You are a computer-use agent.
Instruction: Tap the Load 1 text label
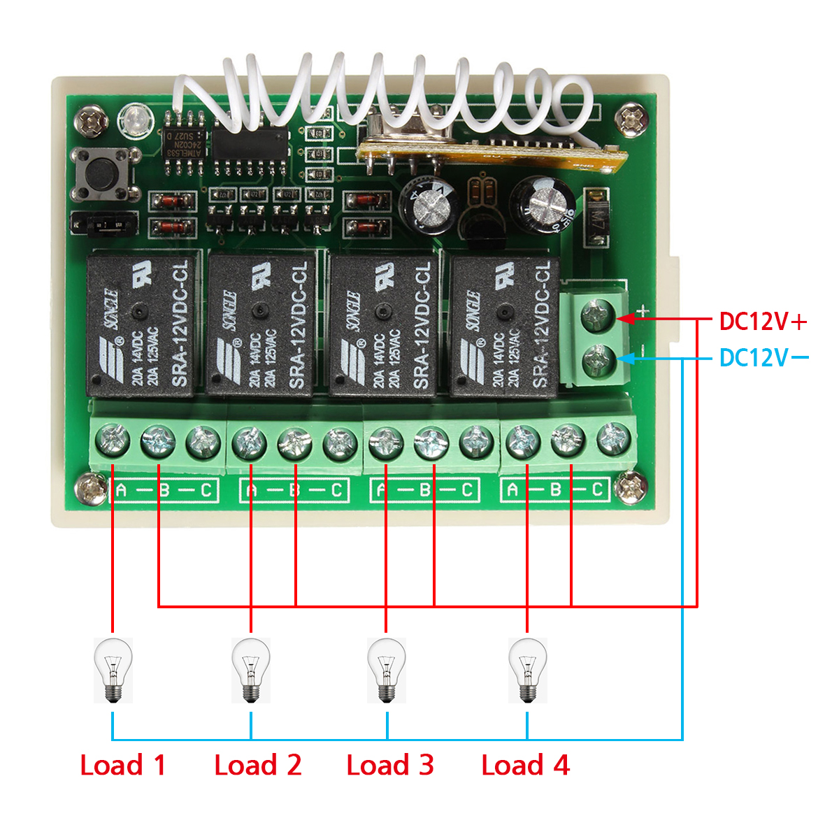tap(123, 765)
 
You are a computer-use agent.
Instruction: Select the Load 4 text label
tap(525, 765)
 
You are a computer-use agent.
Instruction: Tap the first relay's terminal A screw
tap(113, 441)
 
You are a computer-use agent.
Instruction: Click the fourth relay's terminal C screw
tap(613, 440)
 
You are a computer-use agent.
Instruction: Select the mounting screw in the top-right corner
tap(633, 119)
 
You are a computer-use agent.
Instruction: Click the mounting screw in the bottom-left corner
tap(92, 487)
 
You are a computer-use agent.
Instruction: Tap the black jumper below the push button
tap(105, 224)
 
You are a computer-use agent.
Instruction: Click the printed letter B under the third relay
tap(424, 490)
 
